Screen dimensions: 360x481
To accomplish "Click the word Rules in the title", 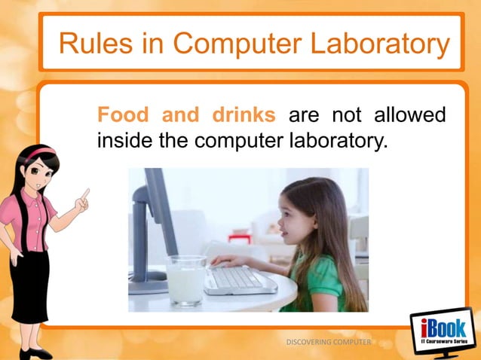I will click(x=86, y=44).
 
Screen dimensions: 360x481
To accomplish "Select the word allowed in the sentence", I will click(x=409, y=117).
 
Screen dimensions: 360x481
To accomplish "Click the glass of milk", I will click(x=185, y=279).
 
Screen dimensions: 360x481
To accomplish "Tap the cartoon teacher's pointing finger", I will click(x=85, y=194).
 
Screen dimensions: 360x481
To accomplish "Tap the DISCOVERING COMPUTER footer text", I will click(x=329, y=342).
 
